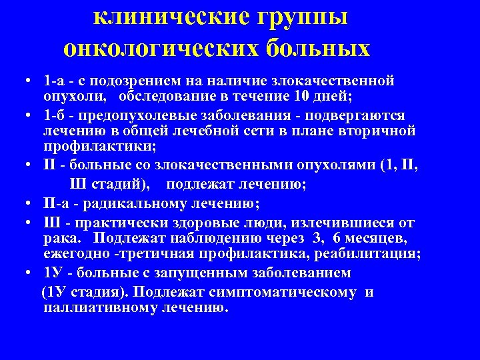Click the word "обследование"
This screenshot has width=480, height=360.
[173, 96]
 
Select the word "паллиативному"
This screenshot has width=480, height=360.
[99, 308]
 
